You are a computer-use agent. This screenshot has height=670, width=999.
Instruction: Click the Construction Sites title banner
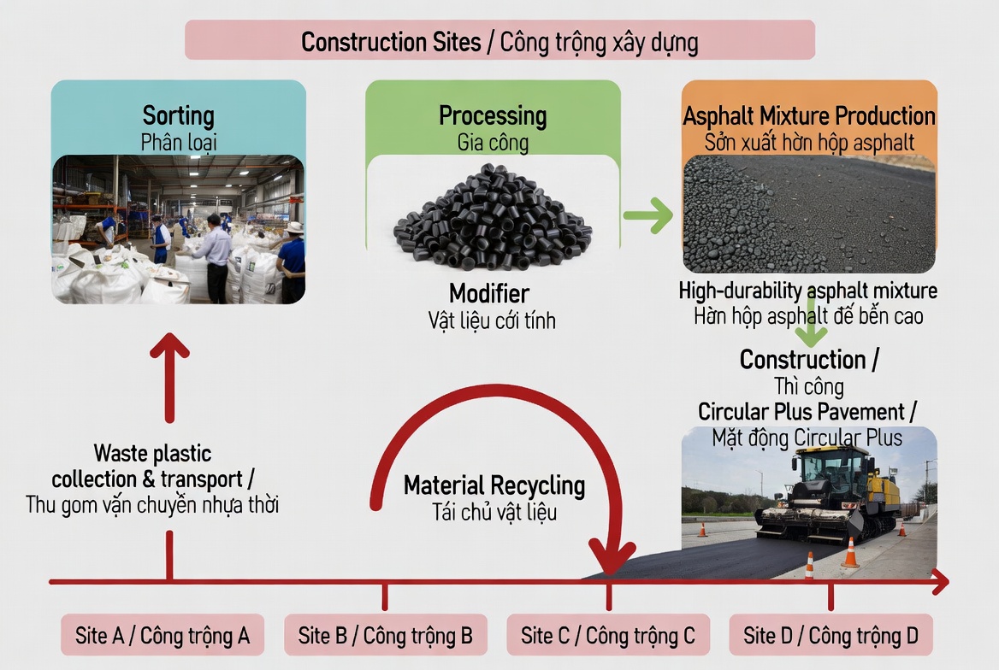coord(499,40)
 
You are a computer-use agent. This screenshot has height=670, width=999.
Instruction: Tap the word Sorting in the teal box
coord(179,116)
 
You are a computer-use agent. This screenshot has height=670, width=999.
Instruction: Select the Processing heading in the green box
coord(493,116)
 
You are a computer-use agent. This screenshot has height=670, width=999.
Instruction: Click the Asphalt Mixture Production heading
coord(809,116)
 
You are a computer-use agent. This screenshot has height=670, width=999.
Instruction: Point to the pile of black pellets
coord(493,216)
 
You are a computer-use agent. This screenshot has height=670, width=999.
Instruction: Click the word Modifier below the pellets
coord(489,294)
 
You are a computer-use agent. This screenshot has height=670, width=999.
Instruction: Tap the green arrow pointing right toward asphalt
coord(648,216)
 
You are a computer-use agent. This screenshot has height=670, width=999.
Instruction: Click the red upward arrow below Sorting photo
coord(169,377)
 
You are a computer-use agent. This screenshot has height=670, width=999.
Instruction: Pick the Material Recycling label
coord(494,485)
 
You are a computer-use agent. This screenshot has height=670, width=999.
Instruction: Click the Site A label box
coord(163,635)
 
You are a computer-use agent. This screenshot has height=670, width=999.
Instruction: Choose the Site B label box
coord(386,635)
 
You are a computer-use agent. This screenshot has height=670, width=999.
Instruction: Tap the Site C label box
coord(608,635)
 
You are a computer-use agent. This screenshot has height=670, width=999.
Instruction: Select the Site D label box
coord(831,635)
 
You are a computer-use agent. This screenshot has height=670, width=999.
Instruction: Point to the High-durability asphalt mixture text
coord(808,291)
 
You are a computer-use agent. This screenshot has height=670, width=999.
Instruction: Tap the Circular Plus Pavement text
coord(807,412)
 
